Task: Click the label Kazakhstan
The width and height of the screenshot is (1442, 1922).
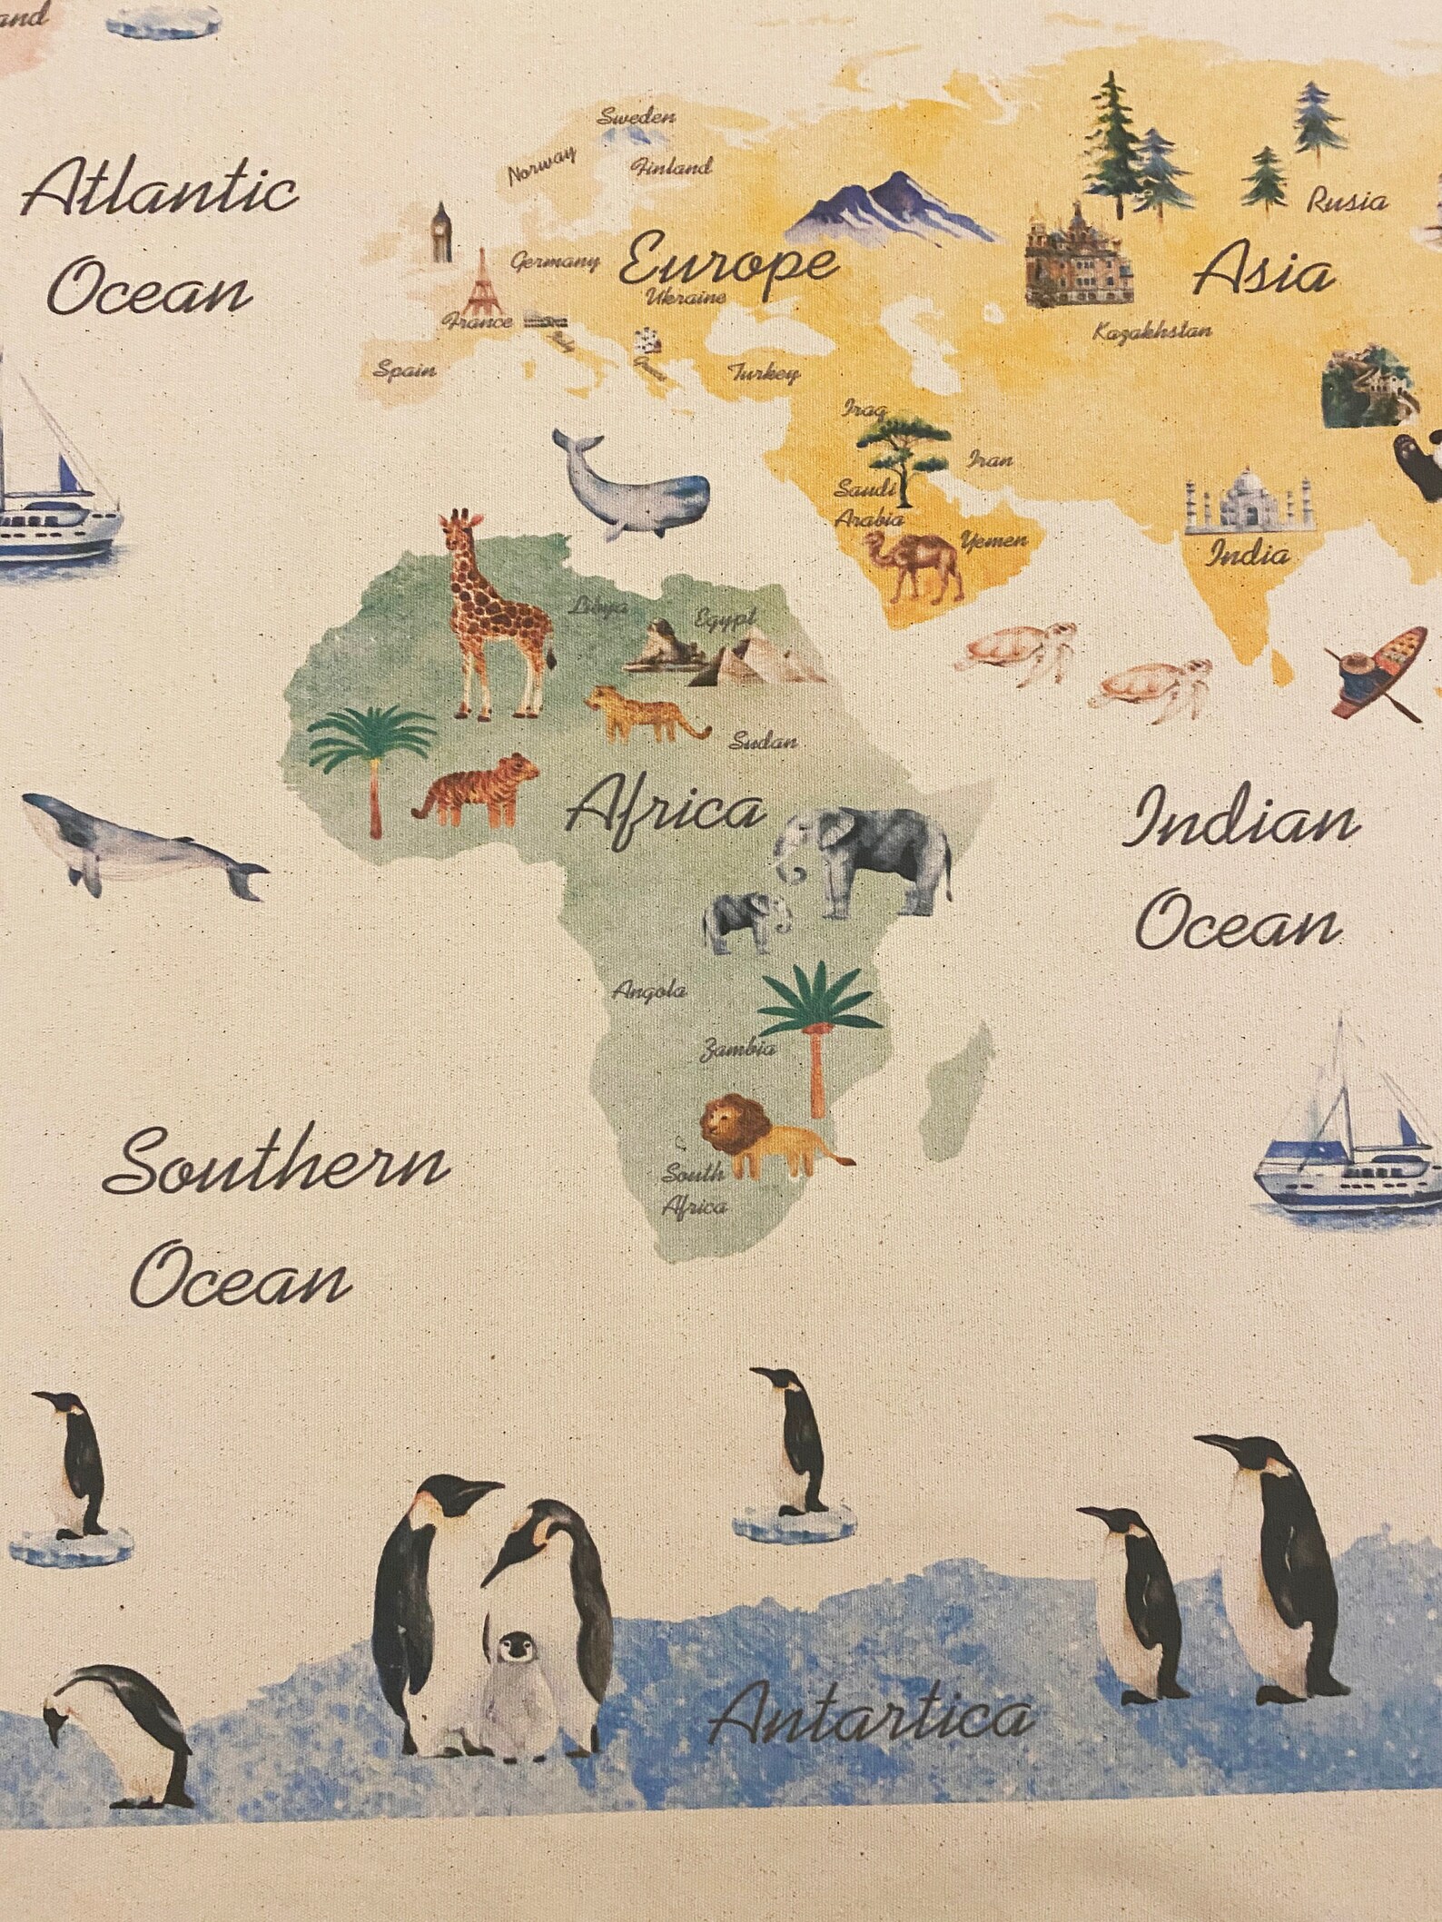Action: tap(1152, 331)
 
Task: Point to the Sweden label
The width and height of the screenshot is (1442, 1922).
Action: tap(637, 116)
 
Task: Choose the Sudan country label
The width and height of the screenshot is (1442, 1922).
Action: tap(764, 741)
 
